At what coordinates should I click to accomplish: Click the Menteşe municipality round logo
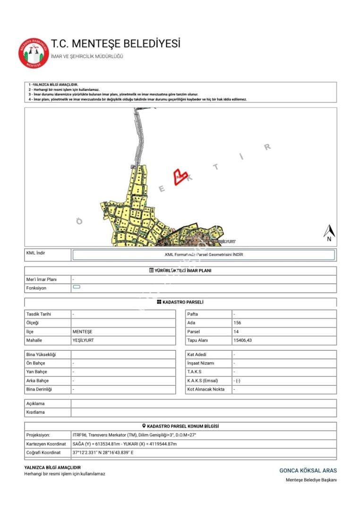(x=34, y=52)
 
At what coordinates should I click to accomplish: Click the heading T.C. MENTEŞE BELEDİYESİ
(x=116, y=44)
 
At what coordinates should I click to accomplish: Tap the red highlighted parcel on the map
(x=180, y=177)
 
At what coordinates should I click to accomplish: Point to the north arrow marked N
(x=329, y=233)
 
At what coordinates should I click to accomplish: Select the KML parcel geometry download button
(x=203, y=255)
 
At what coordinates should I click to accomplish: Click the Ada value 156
(x=237, y=323)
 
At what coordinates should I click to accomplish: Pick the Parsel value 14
(x=236, y=331)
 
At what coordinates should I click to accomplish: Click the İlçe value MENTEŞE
(x=83, y=331)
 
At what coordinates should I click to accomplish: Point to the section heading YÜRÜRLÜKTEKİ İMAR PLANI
(x=180, y=271)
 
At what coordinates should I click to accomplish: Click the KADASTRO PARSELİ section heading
(x=180, y=302)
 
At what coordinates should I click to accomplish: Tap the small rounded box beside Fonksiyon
(x=77, y=288)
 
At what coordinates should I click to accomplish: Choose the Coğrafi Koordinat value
(x=103, y=452)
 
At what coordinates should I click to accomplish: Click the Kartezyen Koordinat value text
(x=125, y=444)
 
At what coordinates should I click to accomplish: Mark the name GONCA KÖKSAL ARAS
(x=308, y=470)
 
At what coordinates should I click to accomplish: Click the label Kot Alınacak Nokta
(x=206, y=390)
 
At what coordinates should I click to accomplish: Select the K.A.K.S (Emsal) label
(x=205, y=381)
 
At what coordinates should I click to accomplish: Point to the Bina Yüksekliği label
(x=41, y=355)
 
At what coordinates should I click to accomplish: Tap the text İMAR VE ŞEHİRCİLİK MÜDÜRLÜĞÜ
(x=87, y=56)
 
